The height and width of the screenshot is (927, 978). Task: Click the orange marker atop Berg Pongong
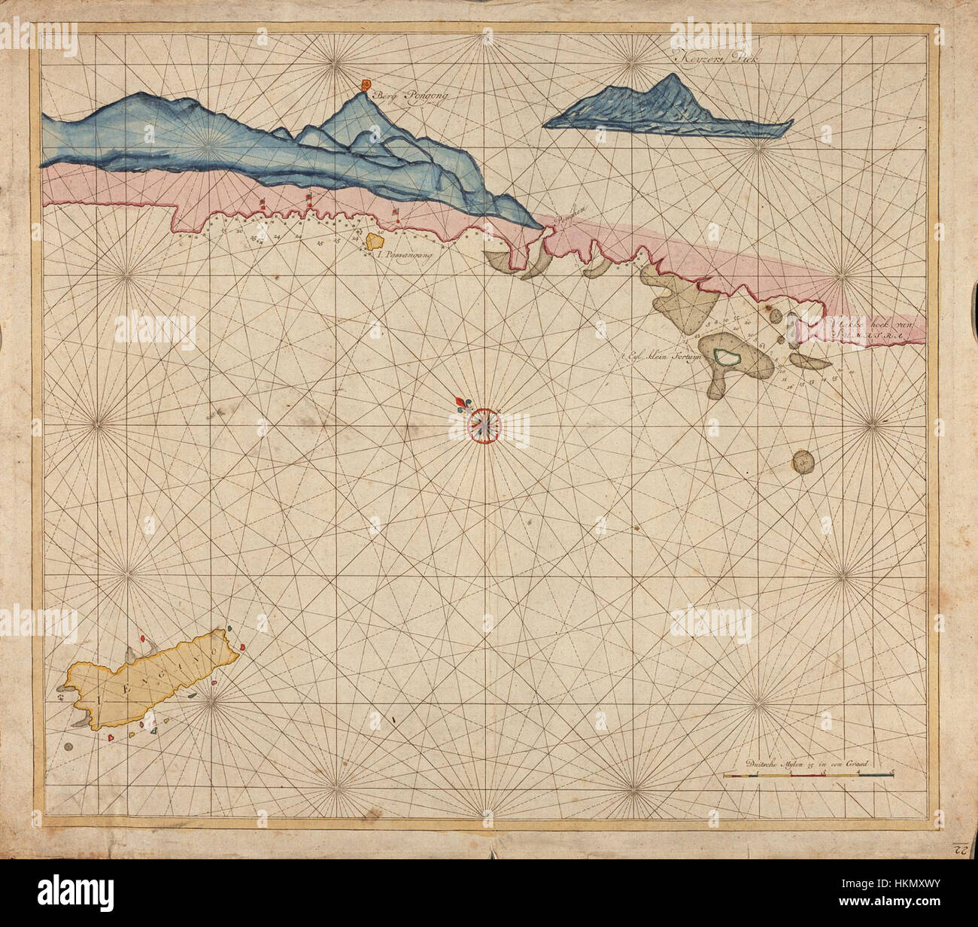tap(366, 85)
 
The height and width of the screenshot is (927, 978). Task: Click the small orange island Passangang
tap(374, 241)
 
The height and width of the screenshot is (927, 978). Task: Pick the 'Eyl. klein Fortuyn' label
tap(661, 358)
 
